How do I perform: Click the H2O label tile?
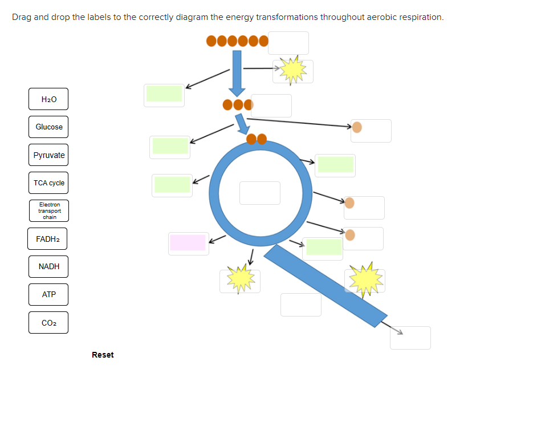click(48, 99)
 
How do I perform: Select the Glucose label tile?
click(48, 127)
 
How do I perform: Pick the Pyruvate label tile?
click(48, 155)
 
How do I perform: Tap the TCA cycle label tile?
click(48, 183)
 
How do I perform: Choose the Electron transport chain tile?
click(48, 211)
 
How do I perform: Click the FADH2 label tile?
click(47, 239)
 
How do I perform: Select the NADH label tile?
click(48, 266)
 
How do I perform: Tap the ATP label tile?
click(48, 294)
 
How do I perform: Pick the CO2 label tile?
click(48, 323)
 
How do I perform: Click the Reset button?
click(103, 355)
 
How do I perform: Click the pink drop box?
click(188, 243)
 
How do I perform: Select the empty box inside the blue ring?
click(260, 193)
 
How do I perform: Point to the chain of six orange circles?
click(237, 41)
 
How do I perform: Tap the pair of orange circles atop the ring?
click(257, 139)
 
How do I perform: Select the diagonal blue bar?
click(325, 285)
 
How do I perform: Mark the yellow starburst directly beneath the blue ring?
click(240, 279)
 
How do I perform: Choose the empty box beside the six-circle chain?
click(288, 43)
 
